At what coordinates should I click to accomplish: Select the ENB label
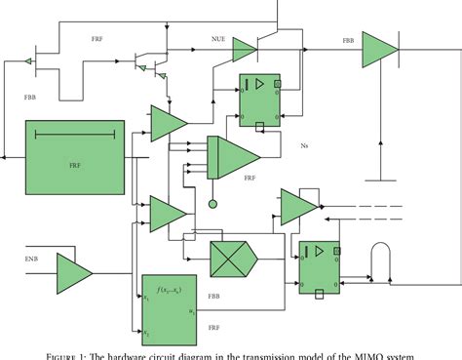(31, 259)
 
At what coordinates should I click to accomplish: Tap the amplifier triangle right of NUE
(245, 52)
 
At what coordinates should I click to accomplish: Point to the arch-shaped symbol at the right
(380, 261)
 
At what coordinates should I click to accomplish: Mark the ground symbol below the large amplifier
(380, 176)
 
